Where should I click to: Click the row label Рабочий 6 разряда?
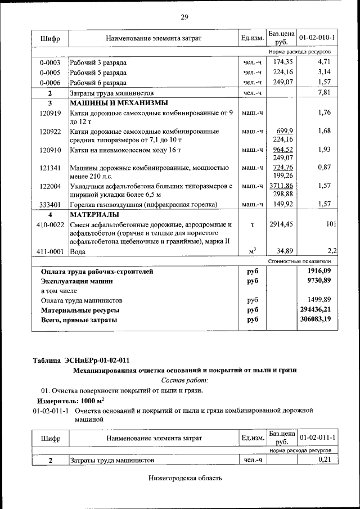[x=98, y=82]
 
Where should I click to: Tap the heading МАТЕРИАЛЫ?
[x=94, y=215]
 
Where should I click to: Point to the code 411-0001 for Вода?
[x=50, y=252]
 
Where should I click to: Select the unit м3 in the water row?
[x=253, y=251]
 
